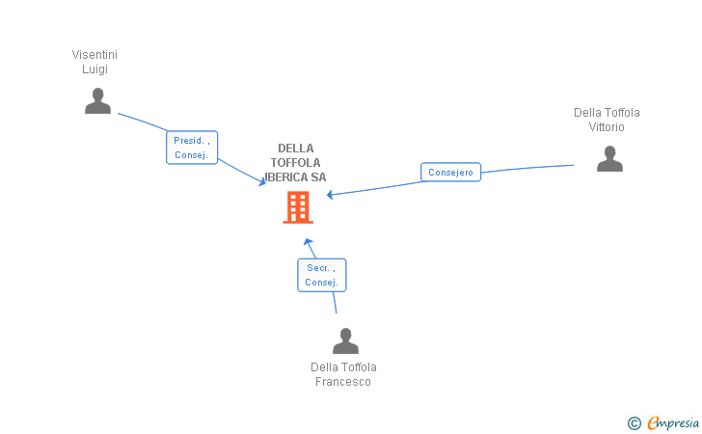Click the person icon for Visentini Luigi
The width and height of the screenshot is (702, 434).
click(97, 101)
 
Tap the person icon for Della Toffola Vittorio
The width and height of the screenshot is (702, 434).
click(609, 158)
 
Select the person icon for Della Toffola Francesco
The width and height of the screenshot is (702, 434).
click(345, 341)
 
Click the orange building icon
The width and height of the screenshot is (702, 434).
click(297, 206)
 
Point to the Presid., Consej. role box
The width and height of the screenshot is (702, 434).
click(192, 148)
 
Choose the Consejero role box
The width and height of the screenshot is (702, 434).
click(450, 173)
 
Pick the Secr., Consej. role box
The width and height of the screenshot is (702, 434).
click(321, 275)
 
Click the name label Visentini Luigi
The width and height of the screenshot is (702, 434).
click(94, 62)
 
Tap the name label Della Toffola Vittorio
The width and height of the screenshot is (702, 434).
click(607, 120)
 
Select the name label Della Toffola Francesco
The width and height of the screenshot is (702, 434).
click(343, 374)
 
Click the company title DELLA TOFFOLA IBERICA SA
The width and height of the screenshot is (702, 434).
click(296, 163)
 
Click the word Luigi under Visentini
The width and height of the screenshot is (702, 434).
click(94, 69)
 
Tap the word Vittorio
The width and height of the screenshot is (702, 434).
click(607, 127)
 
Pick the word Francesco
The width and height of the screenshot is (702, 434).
click(343, 382)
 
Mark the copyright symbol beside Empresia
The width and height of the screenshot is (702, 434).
click(634, 422)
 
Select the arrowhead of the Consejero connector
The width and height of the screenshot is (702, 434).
click(331, 195)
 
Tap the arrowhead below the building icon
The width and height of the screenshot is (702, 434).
click(308, 241)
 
